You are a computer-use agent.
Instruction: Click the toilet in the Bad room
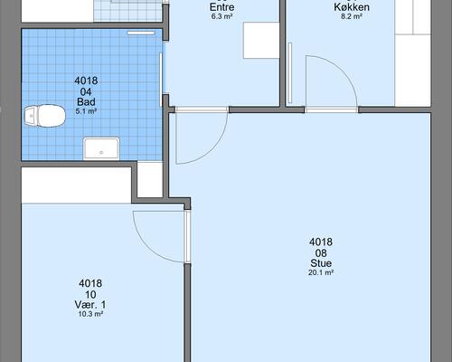pyautogui.click(x=45, y=116)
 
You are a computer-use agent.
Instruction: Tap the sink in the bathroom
pyautogui.click(x=101, y=148)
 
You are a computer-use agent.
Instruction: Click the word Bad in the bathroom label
pyautogui.click(x=86, y=101)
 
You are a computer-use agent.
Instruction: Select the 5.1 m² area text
pyautogui.click(x=86, y=111)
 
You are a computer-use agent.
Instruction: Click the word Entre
pyautogui.click(x=222, y=7)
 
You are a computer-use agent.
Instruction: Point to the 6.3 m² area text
pyautogui.click(x=221, y=16)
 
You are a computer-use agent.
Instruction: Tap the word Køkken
pyautogui.click(x=352, y=7)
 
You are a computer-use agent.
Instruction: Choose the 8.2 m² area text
pyautogui.click(x=352, y=16)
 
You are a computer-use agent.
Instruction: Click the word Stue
pyautogui.click(x=321, y=263)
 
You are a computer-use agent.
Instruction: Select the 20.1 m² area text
pyautogui.click(x=321, y=272)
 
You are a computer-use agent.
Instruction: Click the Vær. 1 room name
pyautogui.click(x=90, y=304)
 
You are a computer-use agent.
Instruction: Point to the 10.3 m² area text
pyautogui.click(x=90, y=314)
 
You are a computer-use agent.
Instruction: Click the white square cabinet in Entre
pyautogui.click(x=261, y=40)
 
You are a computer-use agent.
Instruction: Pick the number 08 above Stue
pyautogui.click(x=321, y=252)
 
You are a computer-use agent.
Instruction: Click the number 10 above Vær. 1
pyautogui.click(x=90, y=294)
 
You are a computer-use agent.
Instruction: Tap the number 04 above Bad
pyautogui.click(x=86, y=91)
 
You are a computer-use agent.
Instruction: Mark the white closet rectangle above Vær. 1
pyautogui.click(x=76, y=185)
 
